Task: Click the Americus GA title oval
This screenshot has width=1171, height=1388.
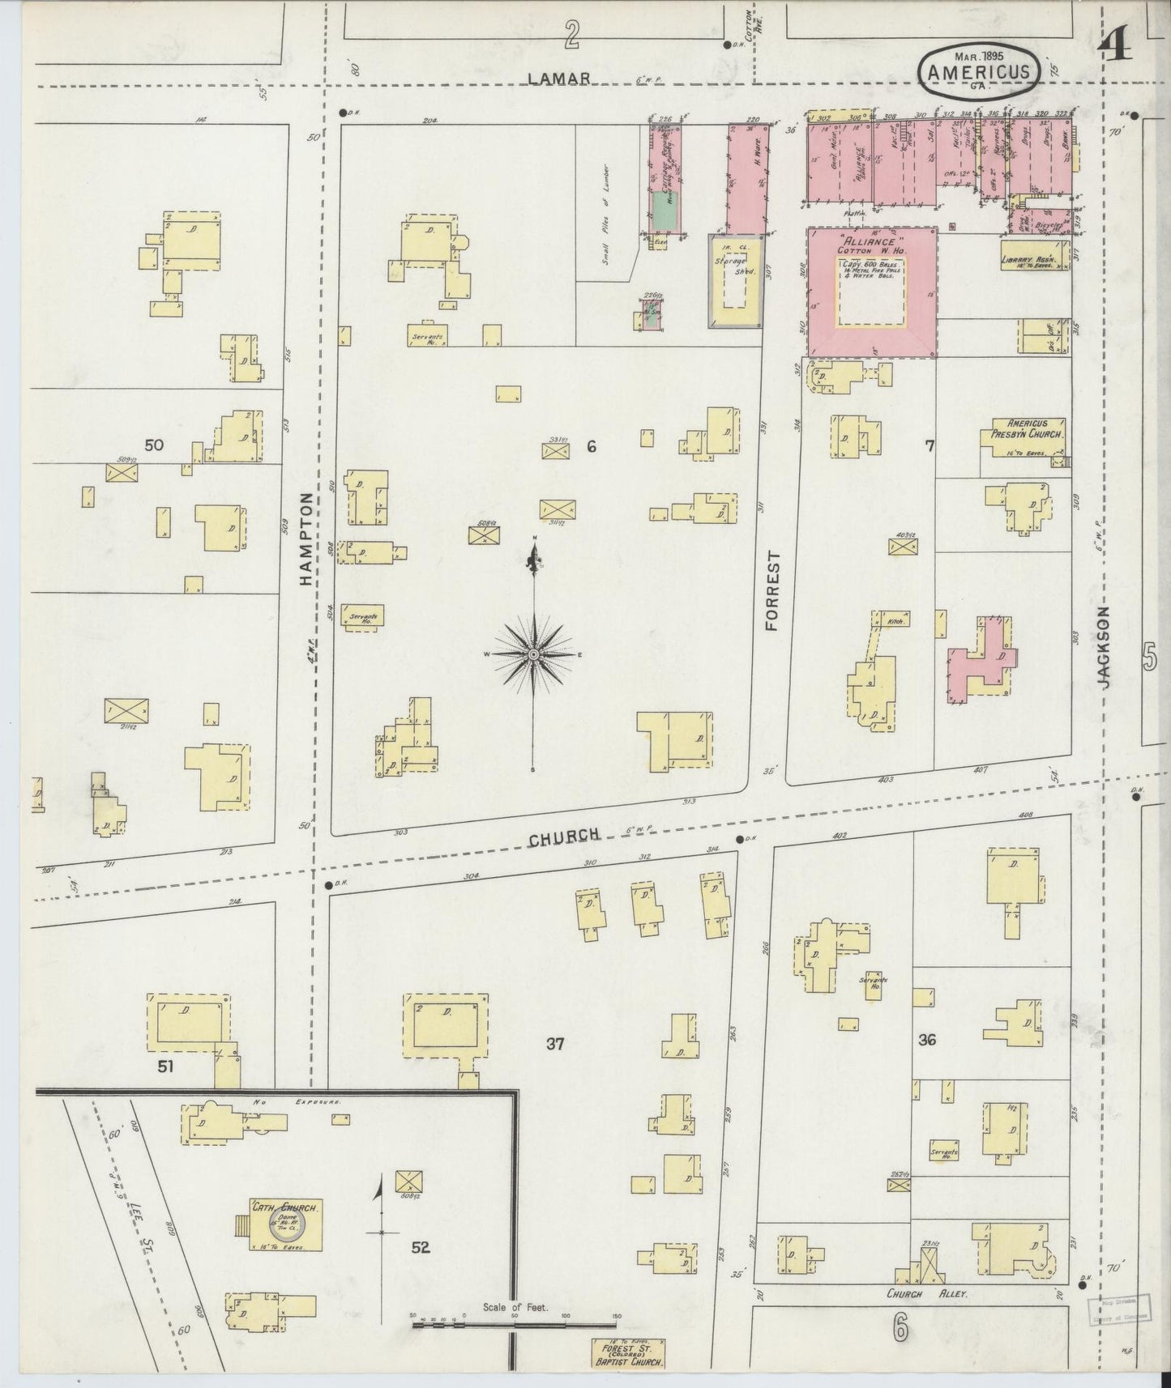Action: tap(977, 70)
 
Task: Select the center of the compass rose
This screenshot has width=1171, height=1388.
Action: tap(534, 654)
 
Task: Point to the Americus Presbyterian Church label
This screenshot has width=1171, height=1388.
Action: tap(1027, 429)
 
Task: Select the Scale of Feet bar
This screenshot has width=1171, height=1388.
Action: tap(515, 1324)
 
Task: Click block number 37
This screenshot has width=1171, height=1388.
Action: tap(554, 1044)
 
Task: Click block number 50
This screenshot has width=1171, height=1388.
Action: tap(154, 445)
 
